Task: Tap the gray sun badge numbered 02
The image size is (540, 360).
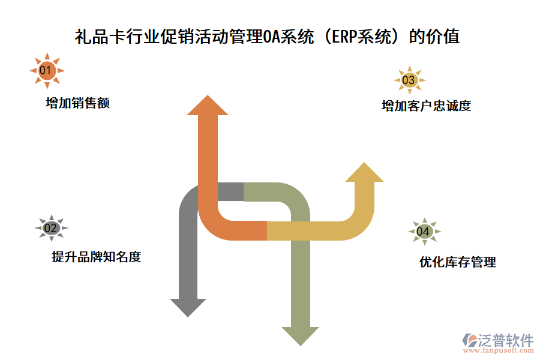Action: click(x=51, y=228)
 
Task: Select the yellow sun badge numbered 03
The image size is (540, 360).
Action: click(x=409, y=80)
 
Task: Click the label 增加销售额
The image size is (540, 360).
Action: click(x=77, y=103)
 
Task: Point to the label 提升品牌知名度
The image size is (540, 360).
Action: click(x=96, y=257)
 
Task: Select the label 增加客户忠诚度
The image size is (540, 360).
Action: click(x=426, y=106)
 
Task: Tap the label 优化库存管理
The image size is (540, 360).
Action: click(x=458, y=262)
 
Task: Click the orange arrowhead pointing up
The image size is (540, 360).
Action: click(x=208, y=106)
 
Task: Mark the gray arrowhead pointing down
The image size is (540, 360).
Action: click(x=188, y=306)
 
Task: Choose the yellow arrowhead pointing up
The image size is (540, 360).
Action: click(x=364, y=172)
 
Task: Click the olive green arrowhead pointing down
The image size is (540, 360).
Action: click(x=300, y=335)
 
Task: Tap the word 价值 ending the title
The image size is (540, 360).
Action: click(x=445, y=37)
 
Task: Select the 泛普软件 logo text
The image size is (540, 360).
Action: click(x=506, y=340)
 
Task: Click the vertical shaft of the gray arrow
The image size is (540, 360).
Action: click(x=188, y=252)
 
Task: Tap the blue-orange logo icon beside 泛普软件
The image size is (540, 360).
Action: click(x=469, y=340)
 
